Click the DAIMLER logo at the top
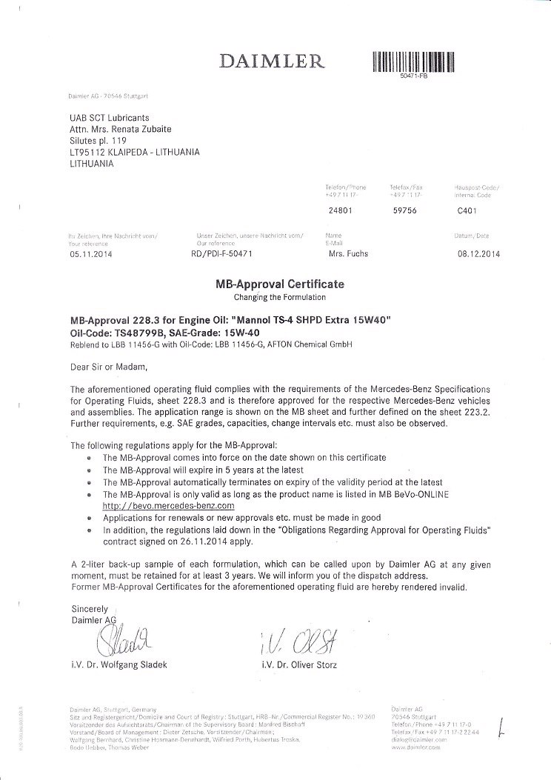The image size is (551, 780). [x=270, y=61]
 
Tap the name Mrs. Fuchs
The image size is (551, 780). [x=347, y=253]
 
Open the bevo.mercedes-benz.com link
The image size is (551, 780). [x=168, y=504]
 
